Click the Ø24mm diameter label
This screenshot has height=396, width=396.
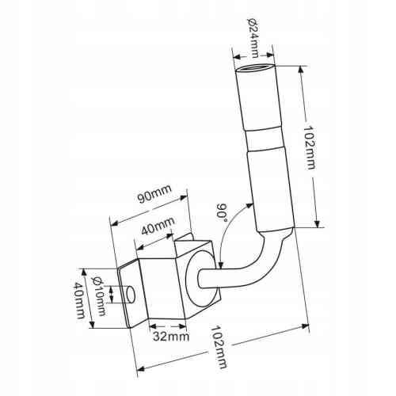tap(253, 38)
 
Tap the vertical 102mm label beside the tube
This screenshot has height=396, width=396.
tap(309, 147)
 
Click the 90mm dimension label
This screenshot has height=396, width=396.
tap(155, 194)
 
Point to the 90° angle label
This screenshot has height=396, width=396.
tap(222, 212)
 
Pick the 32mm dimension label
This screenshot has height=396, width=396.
tap(171, 337)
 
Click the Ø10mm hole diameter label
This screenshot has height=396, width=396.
tap(98, 296)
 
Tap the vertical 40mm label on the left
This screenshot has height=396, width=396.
tap(79, 300)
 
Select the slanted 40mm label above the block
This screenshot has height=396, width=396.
tap(158, 227)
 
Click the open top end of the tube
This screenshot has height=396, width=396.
tap(255, 69)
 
